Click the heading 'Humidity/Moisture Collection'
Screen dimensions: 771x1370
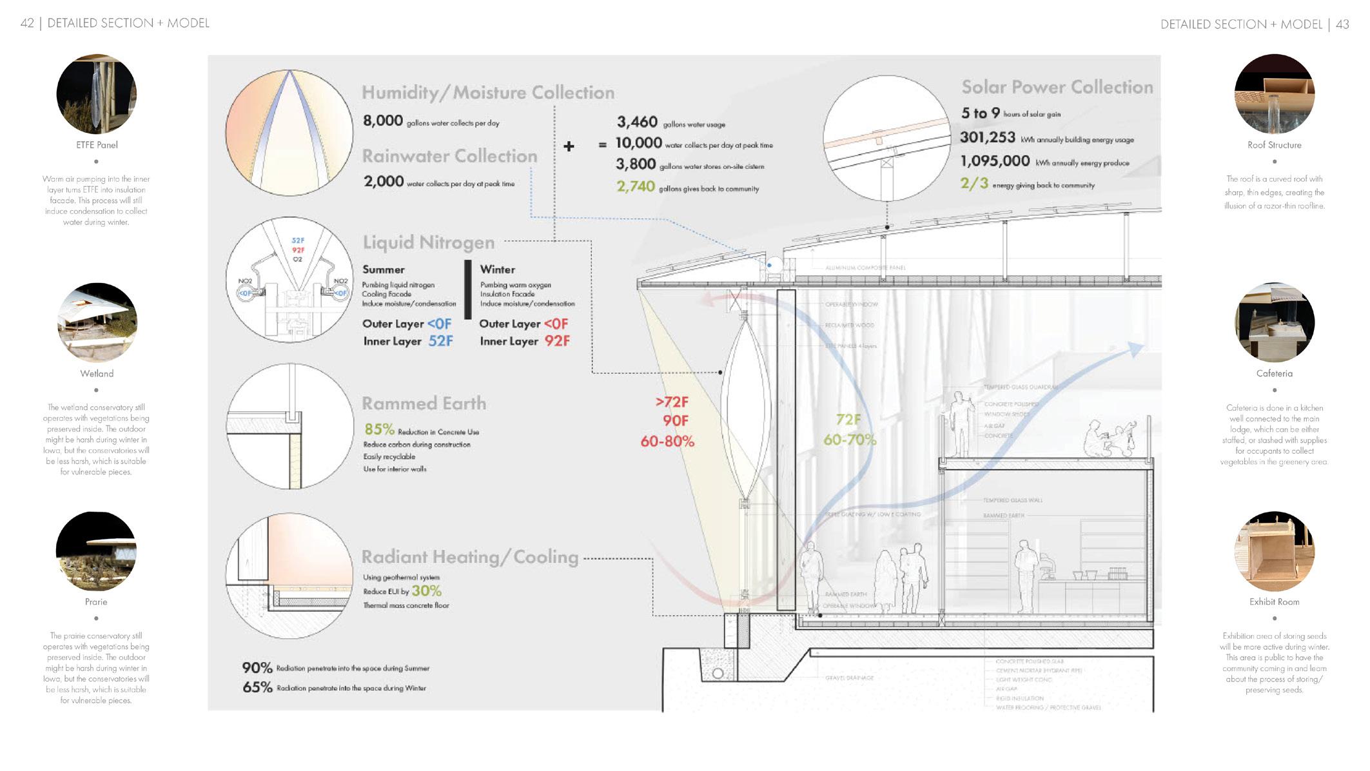(487, 93)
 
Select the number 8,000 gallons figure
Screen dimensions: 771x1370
(383, 121)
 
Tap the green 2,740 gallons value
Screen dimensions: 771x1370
(636, 187)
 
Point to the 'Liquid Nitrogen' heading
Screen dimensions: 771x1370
(428, 242)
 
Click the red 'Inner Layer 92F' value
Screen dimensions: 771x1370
(558, 341)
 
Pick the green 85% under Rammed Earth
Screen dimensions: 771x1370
(379, 429)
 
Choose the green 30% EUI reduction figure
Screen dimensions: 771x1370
(426, 590)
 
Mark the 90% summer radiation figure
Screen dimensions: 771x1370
(257, 668)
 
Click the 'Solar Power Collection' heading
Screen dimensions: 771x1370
(1057, 87)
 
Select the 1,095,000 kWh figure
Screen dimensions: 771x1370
(995, 161)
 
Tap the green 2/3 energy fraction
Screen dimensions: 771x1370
(974, 184)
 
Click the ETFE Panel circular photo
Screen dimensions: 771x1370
(97, 94)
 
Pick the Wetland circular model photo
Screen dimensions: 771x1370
(97, 322)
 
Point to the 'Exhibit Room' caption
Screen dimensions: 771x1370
(1274, 601)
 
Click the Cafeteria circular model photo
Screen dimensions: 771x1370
(1274, 322)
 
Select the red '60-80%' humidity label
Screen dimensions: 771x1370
(667, 442)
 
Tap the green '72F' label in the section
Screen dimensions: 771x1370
(848, 420)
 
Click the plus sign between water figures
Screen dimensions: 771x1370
(569, 146)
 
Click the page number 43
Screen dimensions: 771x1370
(1342, 24)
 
